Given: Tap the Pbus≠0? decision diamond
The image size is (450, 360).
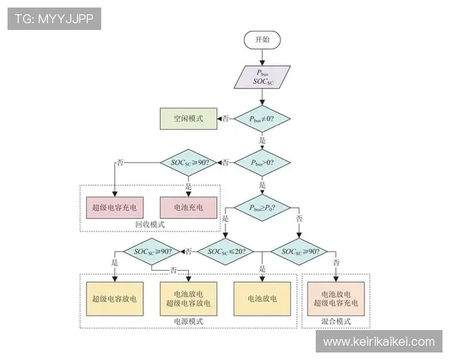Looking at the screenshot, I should (x=262, y=118).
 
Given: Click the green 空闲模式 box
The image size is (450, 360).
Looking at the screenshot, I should (x=188, y=118).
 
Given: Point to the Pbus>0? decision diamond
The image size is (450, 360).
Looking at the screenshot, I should (x=262, y=161).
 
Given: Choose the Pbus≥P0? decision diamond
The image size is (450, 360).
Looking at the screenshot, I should (x=262, y=206).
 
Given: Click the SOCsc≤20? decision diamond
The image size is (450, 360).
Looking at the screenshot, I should (x=226, y=251).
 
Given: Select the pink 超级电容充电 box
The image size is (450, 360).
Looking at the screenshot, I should (x=114, y=206).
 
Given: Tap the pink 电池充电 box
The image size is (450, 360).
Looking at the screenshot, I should (x=188, y=206).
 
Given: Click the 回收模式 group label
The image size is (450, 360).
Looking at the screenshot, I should (x=149, y=224).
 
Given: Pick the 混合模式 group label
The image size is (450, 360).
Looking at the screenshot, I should (x=336, y=321).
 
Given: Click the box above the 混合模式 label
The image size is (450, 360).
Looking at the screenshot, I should (x=336, y=298).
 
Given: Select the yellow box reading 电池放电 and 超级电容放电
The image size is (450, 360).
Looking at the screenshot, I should (x=188, y=298).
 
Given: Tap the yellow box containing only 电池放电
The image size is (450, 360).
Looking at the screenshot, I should (x=262, y=298).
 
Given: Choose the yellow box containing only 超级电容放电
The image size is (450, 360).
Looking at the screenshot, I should (x=114, y=298).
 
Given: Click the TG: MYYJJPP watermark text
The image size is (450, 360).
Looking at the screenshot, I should (x=53, y=19).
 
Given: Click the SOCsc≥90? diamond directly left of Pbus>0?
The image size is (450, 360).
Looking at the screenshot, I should (x=188, y=162).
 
